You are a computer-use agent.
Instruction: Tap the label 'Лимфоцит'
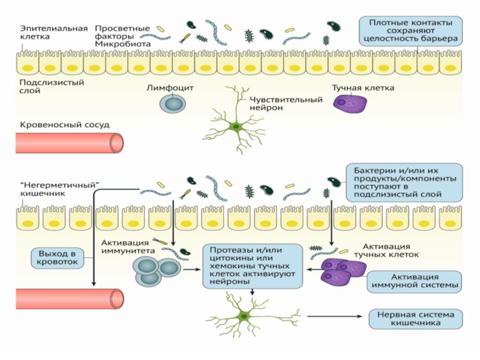[170, 88]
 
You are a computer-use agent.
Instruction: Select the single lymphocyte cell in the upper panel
[172, 103]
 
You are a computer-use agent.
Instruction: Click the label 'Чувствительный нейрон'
[275, 103]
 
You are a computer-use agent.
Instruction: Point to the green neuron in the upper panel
[236, 127]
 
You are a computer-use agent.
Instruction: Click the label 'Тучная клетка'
[363, 88]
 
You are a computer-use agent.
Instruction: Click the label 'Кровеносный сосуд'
[65, 125]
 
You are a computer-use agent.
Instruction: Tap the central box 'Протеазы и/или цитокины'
[251, 266]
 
